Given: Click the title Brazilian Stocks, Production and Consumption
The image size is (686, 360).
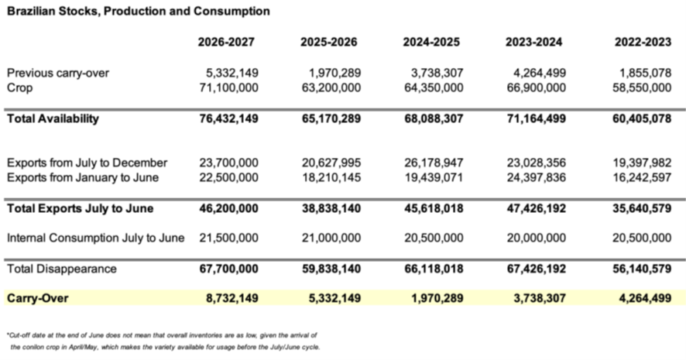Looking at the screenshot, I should (139, 12).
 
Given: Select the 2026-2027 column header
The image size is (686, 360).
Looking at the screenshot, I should (226, 42).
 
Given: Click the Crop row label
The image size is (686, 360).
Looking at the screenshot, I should (20, 87).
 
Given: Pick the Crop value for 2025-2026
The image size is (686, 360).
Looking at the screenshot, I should (331, 87).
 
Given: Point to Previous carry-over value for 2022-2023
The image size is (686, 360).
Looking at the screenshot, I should (641, 73).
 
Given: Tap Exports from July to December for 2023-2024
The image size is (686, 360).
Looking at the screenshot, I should (534, 163).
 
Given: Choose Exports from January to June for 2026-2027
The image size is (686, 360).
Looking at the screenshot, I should (228, 177).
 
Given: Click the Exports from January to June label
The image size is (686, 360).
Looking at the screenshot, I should (83, 177).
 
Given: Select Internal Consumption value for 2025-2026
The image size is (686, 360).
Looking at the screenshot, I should (331, 238).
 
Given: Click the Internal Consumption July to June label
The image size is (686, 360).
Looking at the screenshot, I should (95, 238).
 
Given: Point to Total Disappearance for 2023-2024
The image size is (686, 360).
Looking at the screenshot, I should (534, 269).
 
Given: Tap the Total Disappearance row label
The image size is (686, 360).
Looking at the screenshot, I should (62, 269).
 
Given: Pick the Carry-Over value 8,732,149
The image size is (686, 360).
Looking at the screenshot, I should (228, 297).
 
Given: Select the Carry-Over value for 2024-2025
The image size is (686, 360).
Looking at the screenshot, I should (434, 297).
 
